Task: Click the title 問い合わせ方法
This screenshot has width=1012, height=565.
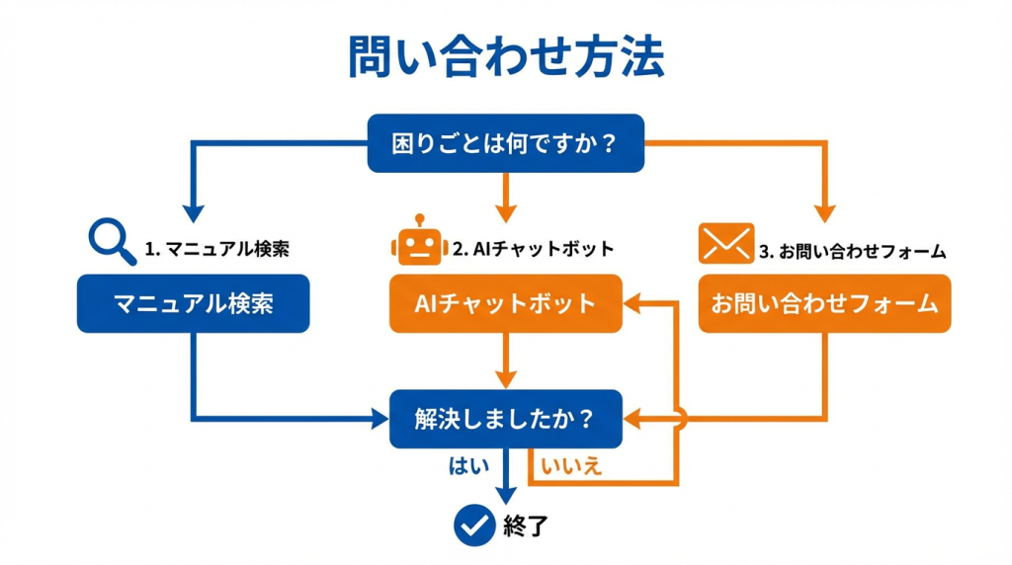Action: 505,58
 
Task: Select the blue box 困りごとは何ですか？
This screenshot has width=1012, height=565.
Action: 505,144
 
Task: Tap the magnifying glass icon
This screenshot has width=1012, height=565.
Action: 112,240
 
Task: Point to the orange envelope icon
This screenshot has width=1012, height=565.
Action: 726,243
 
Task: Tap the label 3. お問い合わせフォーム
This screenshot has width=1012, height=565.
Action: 853,251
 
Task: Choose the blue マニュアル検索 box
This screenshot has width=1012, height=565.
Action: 194,303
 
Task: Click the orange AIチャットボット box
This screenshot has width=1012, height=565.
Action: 505,303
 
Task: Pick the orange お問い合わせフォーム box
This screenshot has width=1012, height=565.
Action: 824,303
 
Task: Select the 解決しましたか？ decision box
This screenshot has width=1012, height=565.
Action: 505,419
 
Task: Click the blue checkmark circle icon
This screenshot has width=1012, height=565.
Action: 474,525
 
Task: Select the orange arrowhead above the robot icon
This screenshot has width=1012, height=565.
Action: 505,210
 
